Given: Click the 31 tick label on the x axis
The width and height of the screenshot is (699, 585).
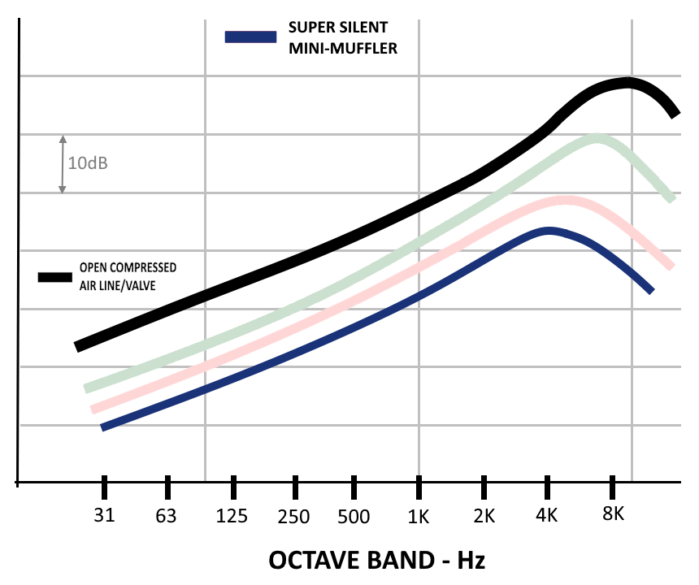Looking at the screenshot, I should [105, 515].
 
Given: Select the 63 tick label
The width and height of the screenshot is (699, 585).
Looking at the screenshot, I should [167, 515].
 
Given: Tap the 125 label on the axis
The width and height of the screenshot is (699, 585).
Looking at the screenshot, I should [232, 515].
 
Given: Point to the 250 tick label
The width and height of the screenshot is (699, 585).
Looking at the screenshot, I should [293, 515].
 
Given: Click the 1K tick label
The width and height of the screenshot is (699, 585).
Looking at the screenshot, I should [418, 515].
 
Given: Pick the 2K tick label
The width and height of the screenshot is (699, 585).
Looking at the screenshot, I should [484, 515].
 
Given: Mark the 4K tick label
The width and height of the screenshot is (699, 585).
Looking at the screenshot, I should [547, 515].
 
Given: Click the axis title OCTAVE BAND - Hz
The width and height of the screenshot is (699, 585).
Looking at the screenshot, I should [376, 561].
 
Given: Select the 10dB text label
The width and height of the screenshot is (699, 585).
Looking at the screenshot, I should [88, 163].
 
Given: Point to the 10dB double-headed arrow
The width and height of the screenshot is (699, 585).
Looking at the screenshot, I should [62, 163].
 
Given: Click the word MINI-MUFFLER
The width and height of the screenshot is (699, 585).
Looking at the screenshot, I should [342, 49].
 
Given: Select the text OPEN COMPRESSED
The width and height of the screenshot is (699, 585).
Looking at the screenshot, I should [128, 267].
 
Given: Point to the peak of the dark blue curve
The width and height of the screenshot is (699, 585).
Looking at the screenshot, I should [550, 232].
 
